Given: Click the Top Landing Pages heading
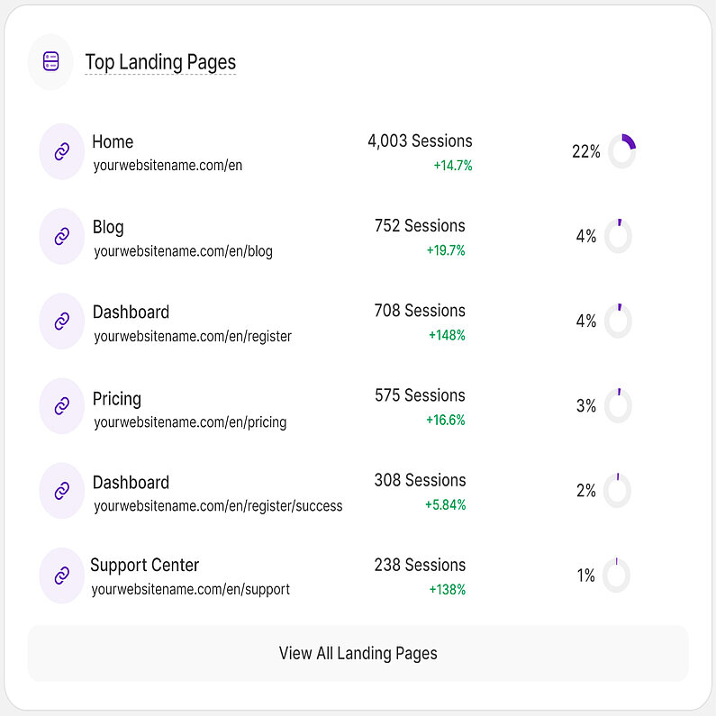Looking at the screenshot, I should click(160, 62).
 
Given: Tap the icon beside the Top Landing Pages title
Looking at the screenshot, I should click(50, 62).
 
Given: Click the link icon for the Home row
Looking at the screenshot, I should click(61, 151).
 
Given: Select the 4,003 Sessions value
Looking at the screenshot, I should click(420, 141).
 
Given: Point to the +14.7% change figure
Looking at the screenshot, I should click(453, 166).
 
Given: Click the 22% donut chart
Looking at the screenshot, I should click(621, 151).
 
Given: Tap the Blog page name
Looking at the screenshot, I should click(108, 227).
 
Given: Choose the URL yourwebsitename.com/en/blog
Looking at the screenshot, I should click(183, 251).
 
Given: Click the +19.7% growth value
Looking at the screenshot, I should click(446, 250).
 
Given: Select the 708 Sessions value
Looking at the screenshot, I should click(420, 311).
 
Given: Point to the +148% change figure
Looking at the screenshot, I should click(447, 335).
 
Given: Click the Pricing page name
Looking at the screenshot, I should click(117, 398).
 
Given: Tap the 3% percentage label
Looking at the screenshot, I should click(586, 406).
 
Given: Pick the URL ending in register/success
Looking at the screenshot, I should click(218, 506).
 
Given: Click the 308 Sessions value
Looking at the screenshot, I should click(420, 480).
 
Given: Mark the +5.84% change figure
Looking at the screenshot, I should click(446, 505).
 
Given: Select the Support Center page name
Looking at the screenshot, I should click(144, 566).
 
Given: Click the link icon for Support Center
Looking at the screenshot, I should click(61, 576).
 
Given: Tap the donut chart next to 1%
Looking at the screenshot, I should click(616, 576).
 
